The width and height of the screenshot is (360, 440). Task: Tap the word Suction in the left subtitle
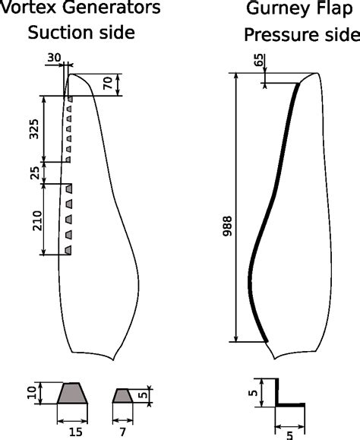[58, 33]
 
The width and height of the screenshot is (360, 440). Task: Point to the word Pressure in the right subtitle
[281, 35]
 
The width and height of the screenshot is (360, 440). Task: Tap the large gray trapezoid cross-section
[72, 394]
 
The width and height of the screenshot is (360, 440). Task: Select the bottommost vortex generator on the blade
[68, 249]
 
